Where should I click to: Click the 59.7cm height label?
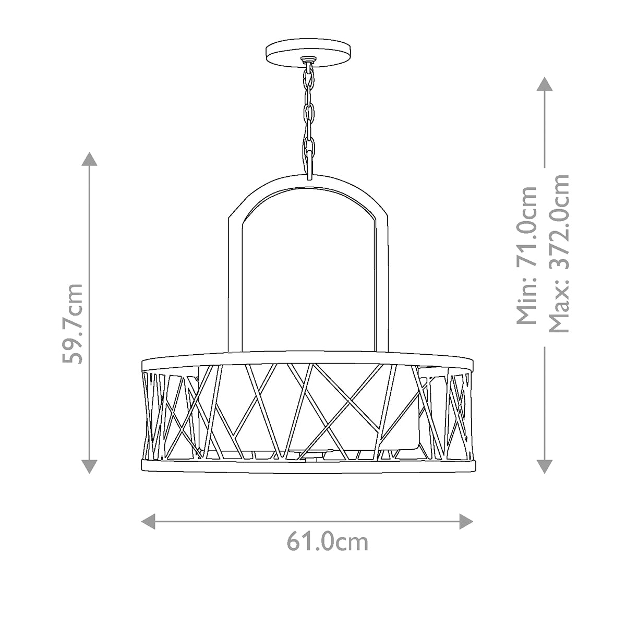[x=71, y=323]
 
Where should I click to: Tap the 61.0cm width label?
[x=327, y=542]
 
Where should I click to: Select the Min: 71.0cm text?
[x=526, y=256]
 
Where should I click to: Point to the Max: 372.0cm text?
[x=558, y=254]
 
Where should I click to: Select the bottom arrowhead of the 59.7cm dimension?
[x=90, y=465]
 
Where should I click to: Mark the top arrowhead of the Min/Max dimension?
[x=545, y=85]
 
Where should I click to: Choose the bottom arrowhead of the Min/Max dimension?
[x=545, y=465]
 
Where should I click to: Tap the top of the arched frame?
[x=308, y=179]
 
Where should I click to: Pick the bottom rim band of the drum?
[x=308, y=466]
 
